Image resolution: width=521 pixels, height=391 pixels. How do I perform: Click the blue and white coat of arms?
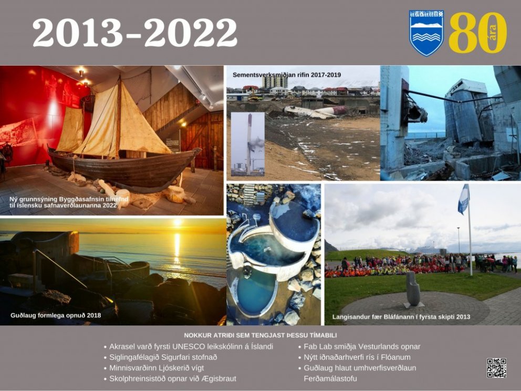tap(426, 33)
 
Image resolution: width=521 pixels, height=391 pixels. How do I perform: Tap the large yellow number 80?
tap(478, 33)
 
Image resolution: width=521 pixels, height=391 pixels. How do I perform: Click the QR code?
tap(496, 368)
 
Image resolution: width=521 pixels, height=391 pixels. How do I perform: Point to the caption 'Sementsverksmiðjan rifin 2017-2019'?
tap(287, 75)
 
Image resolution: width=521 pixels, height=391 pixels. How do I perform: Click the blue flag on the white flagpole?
tap(464, 199)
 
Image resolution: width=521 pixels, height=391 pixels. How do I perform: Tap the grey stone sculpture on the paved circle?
tap(413, 289)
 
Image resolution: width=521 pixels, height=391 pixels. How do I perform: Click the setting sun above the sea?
tap(177, 222)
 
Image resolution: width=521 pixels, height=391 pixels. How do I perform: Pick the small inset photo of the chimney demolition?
tap(248, 144)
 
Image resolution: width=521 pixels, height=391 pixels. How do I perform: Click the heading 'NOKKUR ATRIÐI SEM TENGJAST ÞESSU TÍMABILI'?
tap(260, 335)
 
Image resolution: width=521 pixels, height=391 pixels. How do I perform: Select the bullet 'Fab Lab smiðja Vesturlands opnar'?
tap(362, 346)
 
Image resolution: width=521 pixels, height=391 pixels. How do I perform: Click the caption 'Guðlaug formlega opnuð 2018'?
tap(56, 315)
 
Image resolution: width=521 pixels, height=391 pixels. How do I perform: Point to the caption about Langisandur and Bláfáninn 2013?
tap(401, 317)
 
